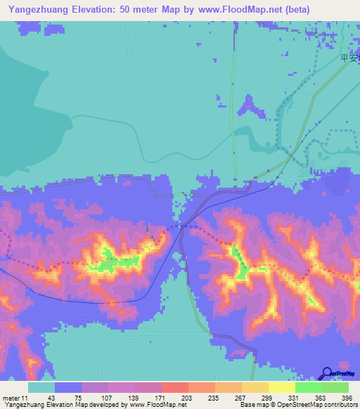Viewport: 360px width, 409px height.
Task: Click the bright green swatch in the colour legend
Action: coord(309,387)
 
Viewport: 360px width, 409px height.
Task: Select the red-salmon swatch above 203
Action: coord(175,387)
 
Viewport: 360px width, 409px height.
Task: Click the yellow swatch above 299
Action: coord(255,387)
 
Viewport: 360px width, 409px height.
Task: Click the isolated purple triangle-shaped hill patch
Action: coord(247,105)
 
